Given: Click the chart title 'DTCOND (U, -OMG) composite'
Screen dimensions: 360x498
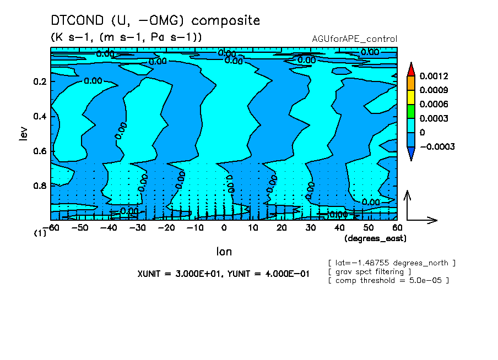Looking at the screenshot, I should pyautogui.click(x=155, y=21).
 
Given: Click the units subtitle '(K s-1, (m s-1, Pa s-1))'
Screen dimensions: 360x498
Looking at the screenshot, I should pyautogui.click(x=126, y=37).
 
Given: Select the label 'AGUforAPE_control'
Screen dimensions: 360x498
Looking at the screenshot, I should pyautogui.click(x=354, y=39).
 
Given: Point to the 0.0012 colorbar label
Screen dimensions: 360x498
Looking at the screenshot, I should pyautogui.click(x=434, y=76).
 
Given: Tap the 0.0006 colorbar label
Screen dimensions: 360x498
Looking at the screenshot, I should pyautogui.click(x=434, y=105).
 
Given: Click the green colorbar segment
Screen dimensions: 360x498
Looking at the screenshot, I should pyautogui.click(x=410, y=111).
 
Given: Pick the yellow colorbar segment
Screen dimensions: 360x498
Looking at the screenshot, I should pyautogui.click(x=410, y=97).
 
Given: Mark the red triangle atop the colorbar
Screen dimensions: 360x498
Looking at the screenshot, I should pyautogui.click(x=410, y=69).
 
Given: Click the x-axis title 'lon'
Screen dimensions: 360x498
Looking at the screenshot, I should pyautogui.click(x=224, y=252).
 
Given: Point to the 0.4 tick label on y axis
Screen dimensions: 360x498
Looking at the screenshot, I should pyautogui.click(x=40, y=117).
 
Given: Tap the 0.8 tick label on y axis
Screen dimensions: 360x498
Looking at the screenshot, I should pyautogui.click(x=40, y=186).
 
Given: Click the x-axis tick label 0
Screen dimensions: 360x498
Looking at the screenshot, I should pyautogui.click(x=224, y=227).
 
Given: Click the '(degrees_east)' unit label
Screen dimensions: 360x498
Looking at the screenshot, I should pyautogui.click(x=376, y=238).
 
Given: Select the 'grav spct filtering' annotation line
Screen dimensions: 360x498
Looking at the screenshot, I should pyautogui.click(x=369, y=271).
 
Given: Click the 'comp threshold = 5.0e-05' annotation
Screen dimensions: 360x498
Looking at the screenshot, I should pyautogui.click(x=388, y=280).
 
